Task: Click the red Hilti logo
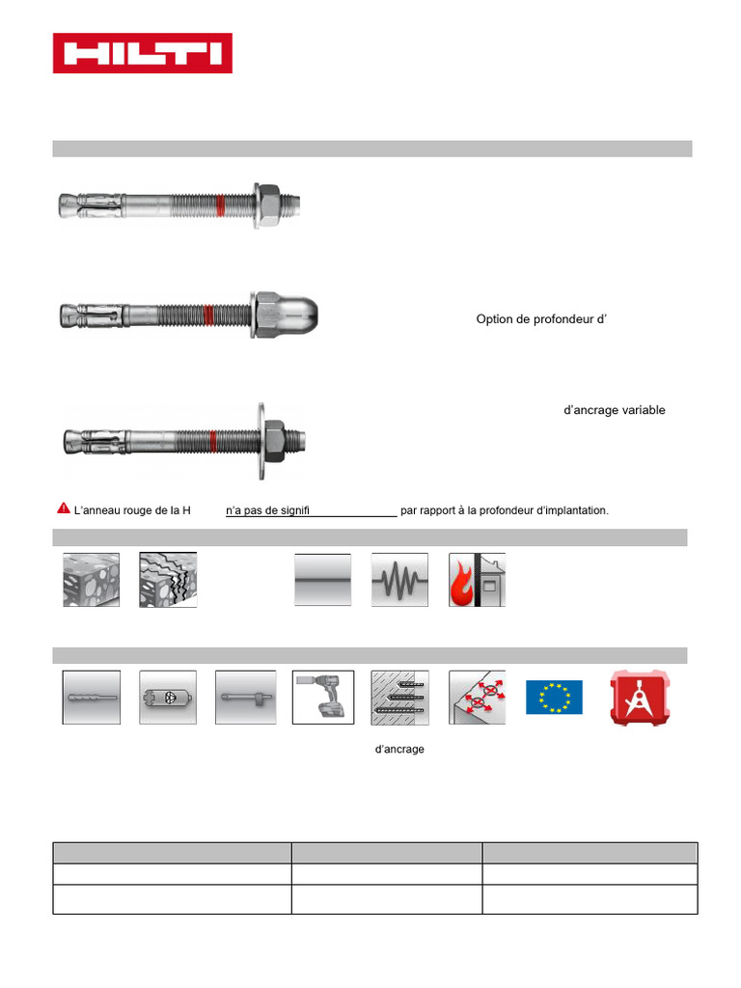[x=142, y=53]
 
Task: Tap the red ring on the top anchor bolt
[x=221, y=205]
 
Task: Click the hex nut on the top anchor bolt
[x=269, y=204]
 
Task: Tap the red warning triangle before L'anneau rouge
[x=63, y=508]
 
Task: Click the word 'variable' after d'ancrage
[x=643, y=410]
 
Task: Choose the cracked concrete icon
[x=168, y=580]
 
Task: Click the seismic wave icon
[x=399, y=580]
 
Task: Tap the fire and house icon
[x=477, y=580]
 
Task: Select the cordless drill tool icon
[x=322, y=698]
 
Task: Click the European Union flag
[x=554, y=698]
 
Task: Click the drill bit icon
[x=92, y=698]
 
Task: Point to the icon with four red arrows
[x=477, y=698]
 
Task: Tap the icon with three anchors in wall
[x=399, y=698]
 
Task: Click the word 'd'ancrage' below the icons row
[x=399, y=749]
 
